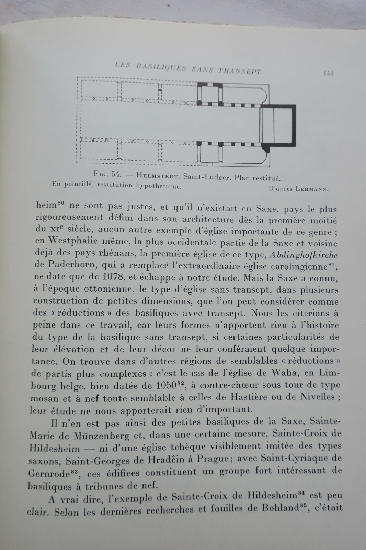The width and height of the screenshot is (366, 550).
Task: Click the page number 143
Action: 328,73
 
